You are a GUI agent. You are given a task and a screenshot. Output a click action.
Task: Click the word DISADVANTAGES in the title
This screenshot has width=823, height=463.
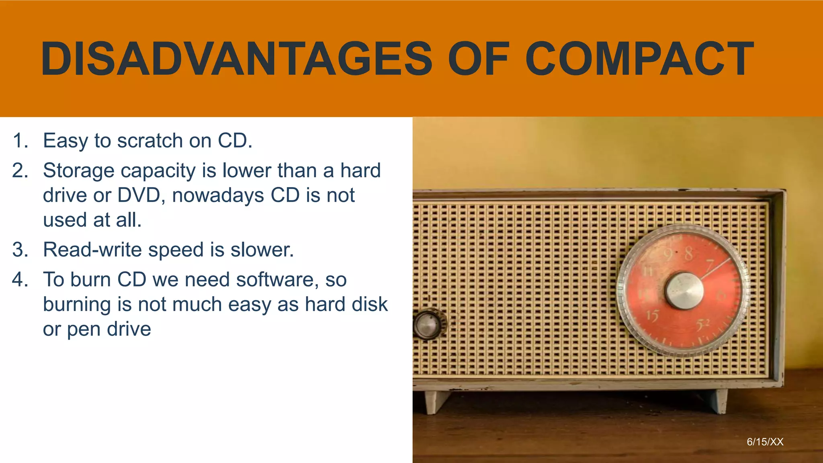pos(236,59)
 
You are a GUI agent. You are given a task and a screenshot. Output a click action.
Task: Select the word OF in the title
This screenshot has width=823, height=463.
pos(479,59)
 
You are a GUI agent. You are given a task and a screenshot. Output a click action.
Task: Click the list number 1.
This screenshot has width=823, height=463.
pos(20,141)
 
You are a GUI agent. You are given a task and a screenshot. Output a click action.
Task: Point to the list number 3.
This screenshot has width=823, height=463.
pos(20,250)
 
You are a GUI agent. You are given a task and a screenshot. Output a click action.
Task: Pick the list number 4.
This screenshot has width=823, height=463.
pos(20,280)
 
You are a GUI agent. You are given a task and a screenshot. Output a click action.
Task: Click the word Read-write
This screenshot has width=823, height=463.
pos(92,250)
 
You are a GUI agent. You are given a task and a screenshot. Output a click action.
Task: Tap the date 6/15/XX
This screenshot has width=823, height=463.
pos(765,442)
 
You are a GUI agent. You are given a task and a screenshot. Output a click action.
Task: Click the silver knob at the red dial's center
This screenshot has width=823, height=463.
pos(684,291)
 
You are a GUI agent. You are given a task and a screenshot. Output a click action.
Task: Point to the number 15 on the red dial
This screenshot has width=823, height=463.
pos(653,316)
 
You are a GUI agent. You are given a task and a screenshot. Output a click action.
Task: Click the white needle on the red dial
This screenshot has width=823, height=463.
pos(715,268)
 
